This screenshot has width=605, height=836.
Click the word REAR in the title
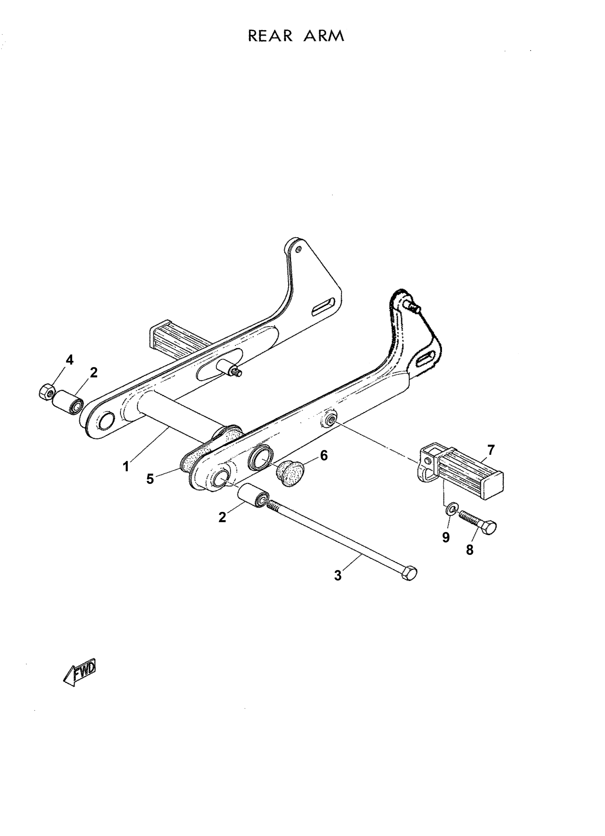[270, 36]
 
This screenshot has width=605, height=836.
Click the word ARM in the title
[324, 36]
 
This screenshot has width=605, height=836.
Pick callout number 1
[126, 467]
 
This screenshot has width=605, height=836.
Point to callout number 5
[150, 479]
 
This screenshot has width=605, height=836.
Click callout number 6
[323, 456]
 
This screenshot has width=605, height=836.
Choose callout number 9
[446, 538]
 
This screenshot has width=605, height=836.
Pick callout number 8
[469, 550]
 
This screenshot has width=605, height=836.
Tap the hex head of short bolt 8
[490, 528]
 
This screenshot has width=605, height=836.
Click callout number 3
[338, 575]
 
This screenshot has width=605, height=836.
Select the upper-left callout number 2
[94, 373]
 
